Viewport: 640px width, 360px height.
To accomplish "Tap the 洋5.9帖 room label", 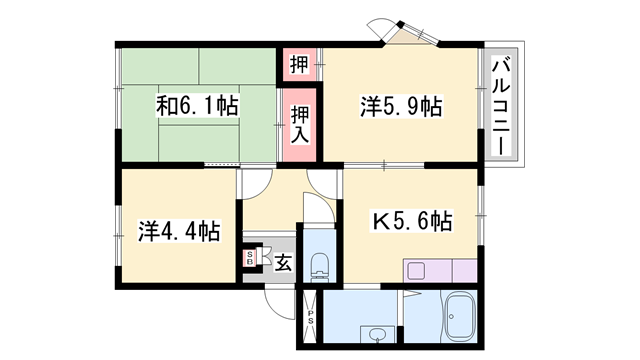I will pyautogui.click(x=401, y=104).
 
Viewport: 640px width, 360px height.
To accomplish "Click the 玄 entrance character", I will pyautogui.click(x=283, y=263).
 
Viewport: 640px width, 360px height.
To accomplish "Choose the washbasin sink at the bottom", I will pyautogui.click(x=377, y=334).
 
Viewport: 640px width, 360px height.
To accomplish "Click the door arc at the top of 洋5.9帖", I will pyautogui.click(x=386, y=27).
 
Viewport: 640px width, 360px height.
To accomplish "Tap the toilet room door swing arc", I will pyautogui.click(x=315, y=210).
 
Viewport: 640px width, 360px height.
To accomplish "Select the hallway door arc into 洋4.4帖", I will pyautogui.click(x=255, y=180).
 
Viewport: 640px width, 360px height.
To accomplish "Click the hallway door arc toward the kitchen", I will pyautogui.click(x=323, y=182).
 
